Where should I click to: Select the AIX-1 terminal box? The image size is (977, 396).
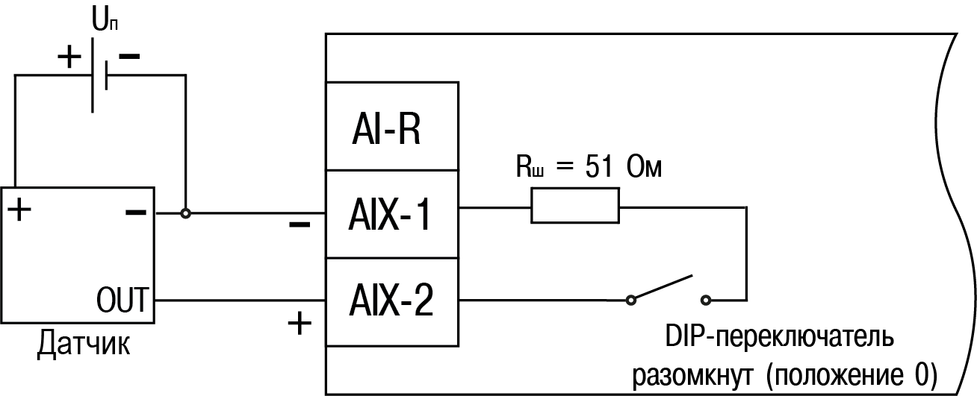pos(391,216)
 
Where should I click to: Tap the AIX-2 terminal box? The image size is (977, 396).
pos(391,302)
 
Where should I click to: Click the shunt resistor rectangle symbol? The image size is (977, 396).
pos(575,206)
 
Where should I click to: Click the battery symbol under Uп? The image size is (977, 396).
pos(99,75)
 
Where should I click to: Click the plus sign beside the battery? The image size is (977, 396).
pos(69,57)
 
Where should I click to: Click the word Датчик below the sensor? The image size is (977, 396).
pos(84,345)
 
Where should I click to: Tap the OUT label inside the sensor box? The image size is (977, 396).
pos(124,304)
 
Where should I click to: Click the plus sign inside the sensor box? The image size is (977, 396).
pos(20,210)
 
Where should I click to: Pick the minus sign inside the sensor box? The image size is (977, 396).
pos(135,213)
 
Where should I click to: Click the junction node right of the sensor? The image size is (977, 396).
pos(185,213)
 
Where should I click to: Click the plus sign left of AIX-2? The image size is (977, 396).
pos(299,324)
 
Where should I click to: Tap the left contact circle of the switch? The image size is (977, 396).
pos(631,301)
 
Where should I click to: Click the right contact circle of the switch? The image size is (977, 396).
pos(705,301)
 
